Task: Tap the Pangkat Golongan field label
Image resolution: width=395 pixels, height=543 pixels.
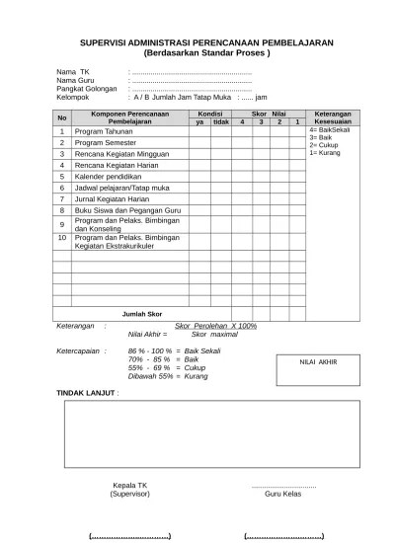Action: (x=88, y=89)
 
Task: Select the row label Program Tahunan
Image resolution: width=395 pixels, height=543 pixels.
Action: (x=103, y=131)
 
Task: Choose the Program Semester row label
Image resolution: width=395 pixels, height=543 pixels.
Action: (x=105, y=143)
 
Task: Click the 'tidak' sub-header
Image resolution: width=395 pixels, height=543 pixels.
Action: (x=221, y=121)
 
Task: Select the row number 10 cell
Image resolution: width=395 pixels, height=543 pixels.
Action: (x=61, y=238)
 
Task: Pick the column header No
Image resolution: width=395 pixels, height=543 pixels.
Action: (x=61, y=117)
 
